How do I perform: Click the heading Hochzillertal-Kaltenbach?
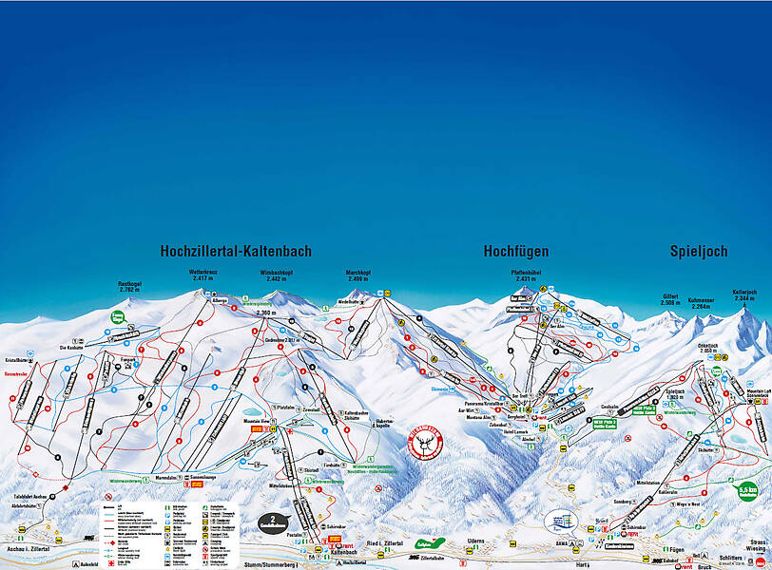click(x=236, y=252)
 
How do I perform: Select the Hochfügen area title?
click(x=515, y=252)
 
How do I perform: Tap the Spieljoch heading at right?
click(x=699, y=252)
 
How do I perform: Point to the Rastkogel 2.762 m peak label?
click(x=129, y=286)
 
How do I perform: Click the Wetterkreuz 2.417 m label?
click(x=204, y=275)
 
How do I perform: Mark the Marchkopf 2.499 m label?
click(x=358, y=276)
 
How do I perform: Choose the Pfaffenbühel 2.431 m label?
click(x=527, y=276)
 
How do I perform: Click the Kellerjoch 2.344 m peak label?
click(x=744, y=295)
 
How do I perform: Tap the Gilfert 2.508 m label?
click(x=671, y=299)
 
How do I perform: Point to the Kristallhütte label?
click(x=16, y=362)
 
